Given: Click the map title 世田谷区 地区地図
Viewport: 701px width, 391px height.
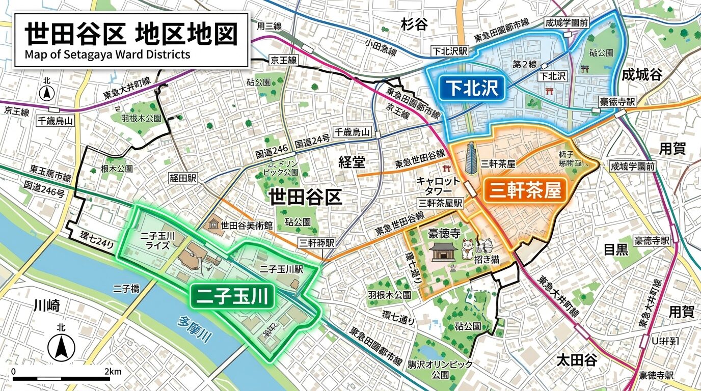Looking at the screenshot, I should [x=131, y=34].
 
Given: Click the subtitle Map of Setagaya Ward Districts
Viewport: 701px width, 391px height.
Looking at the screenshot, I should [x=107, y=54].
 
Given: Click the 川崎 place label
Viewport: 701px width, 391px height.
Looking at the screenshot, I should [x=47, y=305].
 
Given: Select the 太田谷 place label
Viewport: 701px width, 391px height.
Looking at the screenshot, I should [x=576, y=361].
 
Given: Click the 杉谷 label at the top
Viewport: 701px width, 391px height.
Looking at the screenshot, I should [x=414, y=24].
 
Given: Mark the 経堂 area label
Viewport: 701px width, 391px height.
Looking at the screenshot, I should [x=352, y=162].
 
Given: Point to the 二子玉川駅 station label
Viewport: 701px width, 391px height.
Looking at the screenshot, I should [x=281, y=269].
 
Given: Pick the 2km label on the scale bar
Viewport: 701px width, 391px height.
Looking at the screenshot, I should [x=113, y=372].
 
